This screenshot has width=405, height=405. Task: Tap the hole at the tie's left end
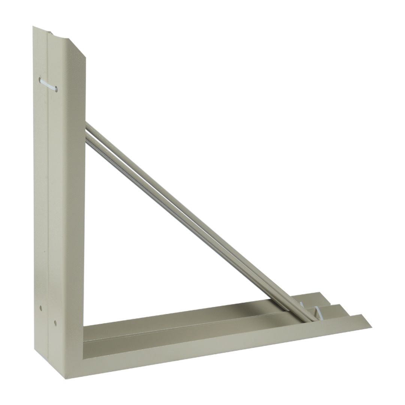pos(40,79)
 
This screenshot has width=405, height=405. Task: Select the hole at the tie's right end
pos(55,89)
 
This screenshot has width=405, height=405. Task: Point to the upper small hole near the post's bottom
pos(41,309)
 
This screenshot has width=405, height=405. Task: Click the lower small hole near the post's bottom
pos(55,322)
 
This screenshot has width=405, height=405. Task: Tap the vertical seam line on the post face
pos(48,187)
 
